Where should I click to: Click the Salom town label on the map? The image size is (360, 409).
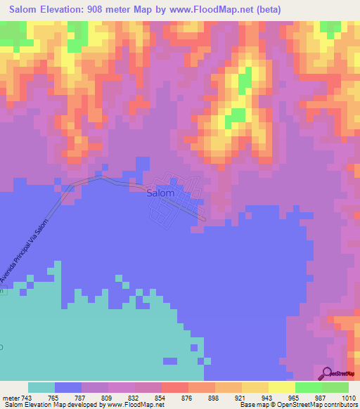[160, 193]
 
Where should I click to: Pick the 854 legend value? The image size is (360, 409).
[161, 398]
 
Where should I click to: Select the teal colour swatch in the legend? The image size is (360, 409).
[41, 387]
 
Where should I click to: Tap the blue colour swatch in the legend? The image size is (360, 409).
[68, 387]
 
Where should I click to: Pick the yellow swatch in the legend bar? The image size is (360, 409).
[281, 387]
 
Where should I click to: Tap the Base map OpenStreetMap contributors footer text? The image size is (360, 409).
[297, 405]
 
